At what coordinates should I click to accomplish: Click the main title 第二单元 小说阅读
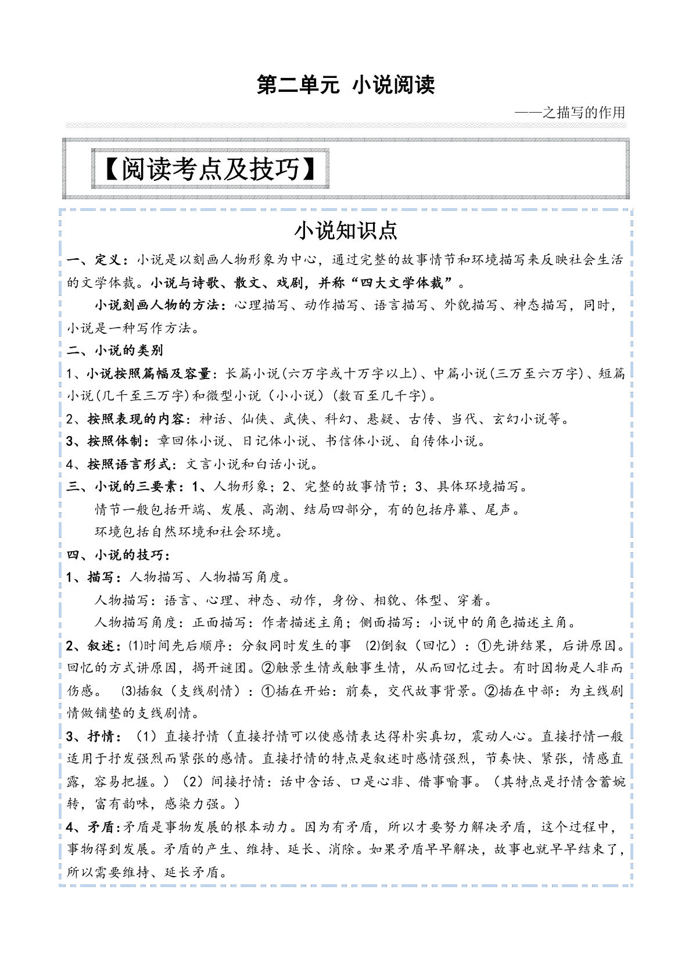(x=346, y=85)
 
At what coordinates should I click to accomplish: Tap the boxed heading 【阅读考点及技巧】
(x=210, y=169)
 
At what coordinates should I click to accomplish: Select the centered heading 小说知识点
(x=346, y=231)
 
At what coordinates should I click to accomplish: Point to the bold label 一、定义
(x=93, y=260)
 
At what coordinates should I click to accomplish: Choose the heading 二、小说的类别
(x=114, y=351)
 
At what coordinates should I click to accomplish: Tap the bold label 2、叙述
(x=90, y=646)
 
